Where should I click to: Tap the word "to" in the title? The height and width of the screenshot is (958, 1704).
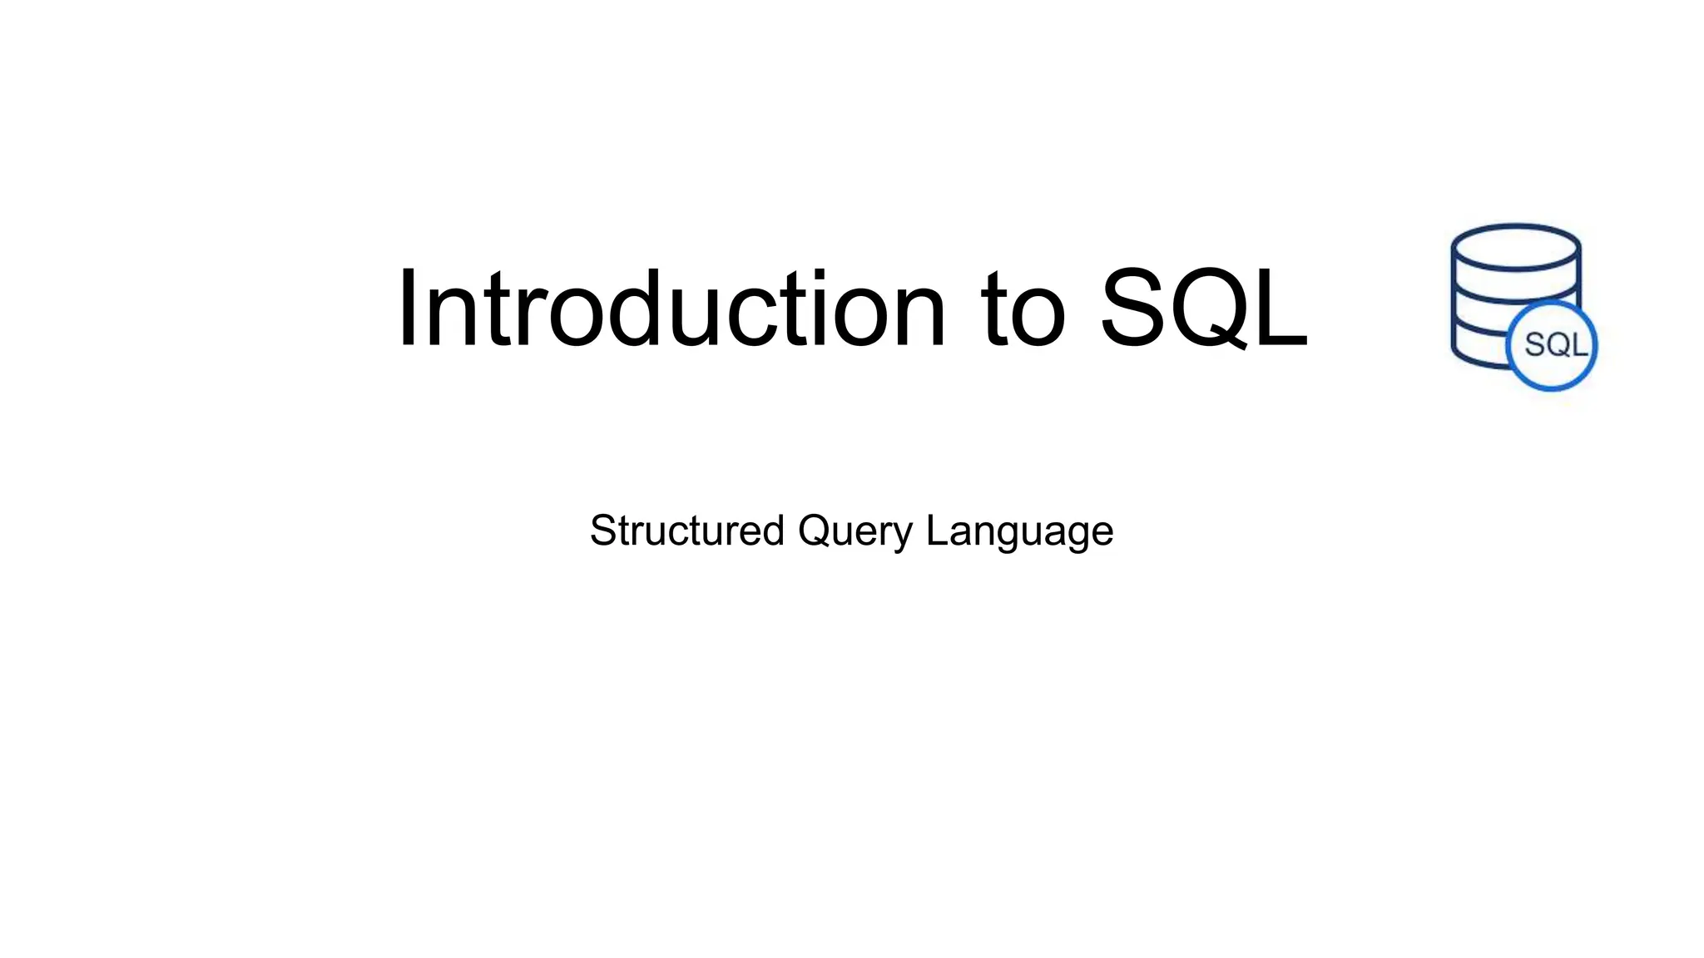tap(1022, 309)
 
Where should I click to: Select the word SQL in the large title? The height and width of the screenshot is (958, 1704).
tap(1203, 309)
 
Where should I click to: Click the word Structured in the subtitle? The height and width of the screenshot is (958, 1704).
tap(686, 531)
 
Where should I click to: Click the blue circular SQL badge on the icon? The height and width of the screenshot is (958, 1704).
tap(1553, 345)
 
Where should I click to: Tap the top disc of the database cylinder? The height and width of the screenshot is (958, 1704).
tap(1515, 247)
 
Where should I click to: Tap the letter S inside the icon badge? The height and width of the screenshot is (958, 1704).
tap(1533, 345)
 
